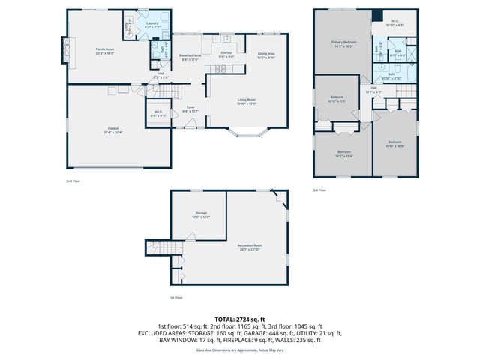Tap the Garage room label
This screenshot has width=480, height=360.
(x=113, y=130)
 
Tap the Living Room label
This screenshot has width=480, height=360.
(x=247, y=102)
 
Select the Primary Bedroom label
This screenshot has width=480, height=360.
(x=343, y=43)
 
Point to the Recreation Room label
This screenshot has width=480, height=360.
(x=250, y=246)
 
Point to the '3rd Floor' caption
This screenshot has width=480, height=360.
(x=320, y=190)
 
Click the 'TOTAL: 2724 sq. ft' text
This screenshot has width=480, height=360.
(x=239, y=319)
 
